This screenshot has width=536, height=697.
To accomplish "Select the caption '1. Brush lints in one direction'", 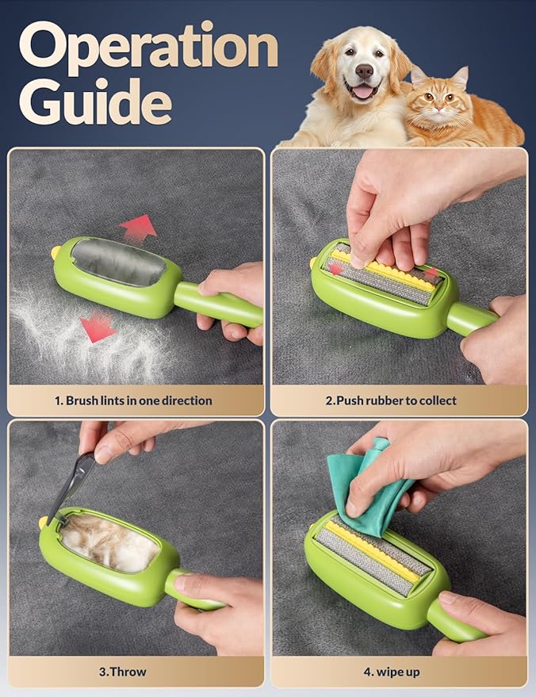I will click(x=133, y=400).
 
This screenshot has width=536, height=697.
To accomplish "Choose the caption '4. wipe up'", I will click(x=392, y=671).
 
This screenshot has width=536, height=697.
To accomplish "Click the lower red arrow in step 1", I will click(x=98, y=326).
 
